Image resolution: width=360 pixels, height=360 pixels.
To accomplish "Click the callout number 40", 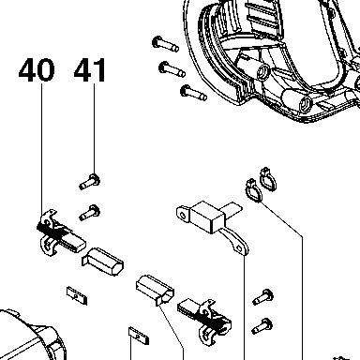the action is [37, 70].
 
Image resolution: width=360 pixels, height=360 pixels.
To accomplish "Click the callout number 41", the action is [90, 70].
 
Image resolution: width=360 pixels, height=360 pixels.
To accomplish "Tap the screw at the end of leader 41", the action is [90, 182].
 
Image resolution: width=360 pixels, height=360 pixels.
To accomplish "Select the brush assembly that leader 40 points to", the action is [59, 233].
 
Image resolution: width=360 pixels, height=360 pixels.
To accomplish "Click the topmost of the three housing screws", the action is [165, 44].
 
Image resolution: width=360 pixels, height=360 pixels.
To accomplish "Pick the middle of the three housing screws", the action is [172, 69].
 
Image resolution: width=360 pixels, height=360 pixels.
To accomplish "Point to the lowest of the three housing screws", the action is [194, 93].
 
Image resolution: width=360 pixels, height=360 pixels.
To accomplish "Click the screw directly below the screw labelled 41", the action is [90, 213].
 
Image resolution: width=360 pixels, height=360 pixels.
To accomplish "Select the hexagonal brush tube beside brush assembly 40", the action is [103, 262].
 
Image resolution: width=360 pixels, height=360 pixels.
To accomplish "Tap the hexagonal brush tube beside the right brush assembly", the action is [155, 290].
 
